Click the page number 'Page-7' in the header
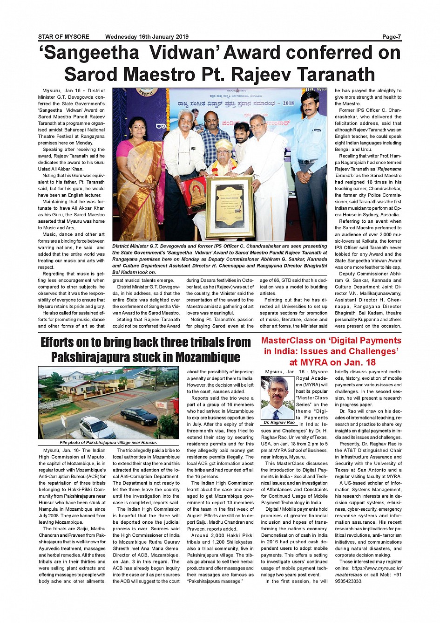(x=392, y=37)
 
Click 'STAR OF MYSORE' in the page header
(x=64, y=37)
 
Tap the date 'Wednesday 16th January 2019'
(x=147, y=37)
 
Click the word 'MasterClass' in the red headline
(x=287, y=341)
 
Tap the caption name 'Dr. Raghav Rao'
(x=279, y=423)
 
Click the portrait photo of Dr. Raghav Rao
(x=278, y=398)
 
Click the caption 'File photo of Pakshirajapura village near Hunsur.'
(x=108, y=443)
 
